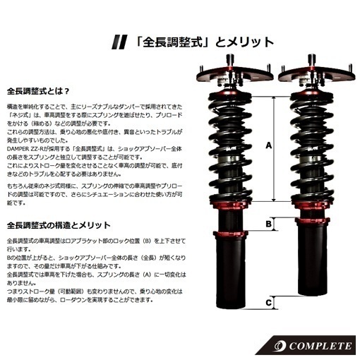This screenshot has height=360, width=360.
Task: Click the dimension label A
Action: coord(268,146)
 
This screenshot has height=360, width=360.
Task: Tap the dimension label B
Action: coord(268,224)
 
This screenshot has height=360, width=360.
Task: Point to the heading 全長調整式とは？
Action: coord(38,90)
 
